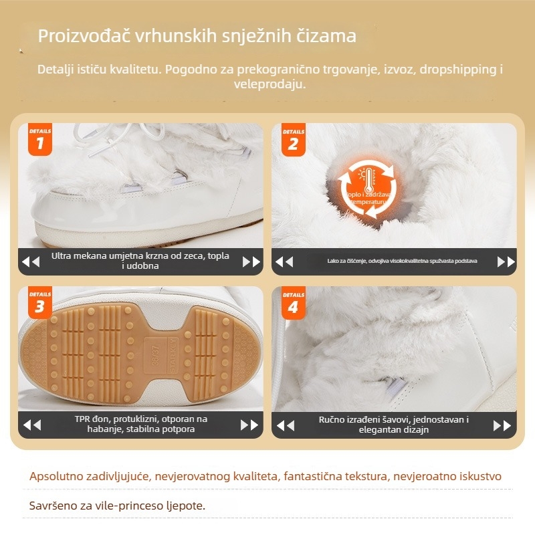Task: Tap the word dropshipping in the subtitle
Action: point(463,70)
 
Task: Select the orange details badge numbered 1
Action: point(40,139)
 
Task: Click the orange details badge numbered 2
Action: point(293,139)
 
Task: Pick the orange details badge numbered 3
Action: point(40,303)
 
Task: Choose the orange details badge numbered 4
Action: point(293,303)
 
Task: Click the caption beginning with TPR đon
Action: point(140,424)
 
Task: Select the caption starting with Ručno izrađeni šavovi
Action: point(393,424)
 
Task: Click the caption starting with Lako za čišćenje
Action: point(393,261)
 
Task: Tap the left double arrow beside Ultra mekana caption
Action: point(31,261)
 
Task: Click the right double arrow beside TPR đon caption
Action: point(249,424)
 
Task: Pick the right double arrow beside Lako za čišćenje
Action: point(506,261)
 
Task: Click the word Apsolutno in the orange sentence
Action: point(56,477)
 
